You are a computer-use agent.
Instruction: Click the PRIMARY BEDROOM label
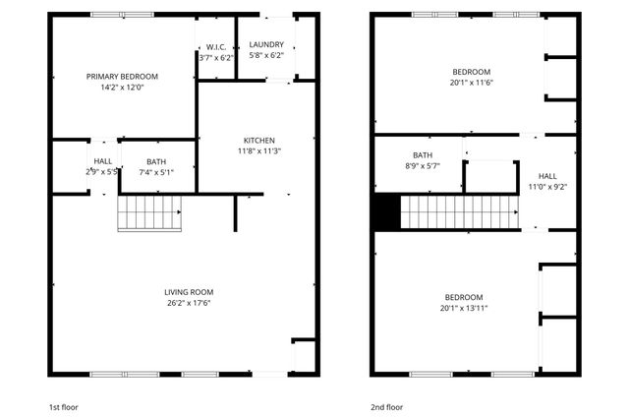(122, 76)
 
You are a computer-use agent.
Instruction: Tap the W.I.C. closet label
(216, 46)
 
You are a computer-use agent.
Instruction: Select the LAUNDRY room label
(266, 44)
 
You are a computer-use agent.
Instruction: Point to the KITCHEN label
(259, 140)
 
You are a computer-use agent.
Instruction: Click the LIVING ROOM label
(189, 292)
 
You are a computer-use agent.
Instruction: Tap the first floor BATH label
(156, 162)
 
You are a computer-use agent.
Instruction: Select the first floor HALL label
(102, 161)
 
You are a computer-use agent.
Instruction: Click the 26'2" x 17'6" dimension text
(189, 303)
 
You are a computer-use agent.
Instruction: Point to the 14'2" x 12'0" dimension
(122, 87)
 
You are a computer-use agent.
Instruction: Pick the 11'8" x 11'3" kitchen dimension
(259, 150)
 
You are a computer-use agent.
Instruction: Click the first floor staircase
(150, 212)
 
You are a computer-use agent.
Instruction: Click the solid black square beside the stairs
(386, 211)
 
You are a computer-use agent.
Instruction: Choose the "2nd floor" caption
(386, 405)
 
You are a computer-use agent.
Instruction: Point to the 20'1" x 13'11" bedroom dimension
(464, 308)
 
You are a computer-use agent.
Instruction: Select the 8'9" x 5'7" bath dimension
(423, 166)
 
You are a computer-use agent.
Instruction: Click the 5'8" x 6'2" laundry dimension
(266, 56)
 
